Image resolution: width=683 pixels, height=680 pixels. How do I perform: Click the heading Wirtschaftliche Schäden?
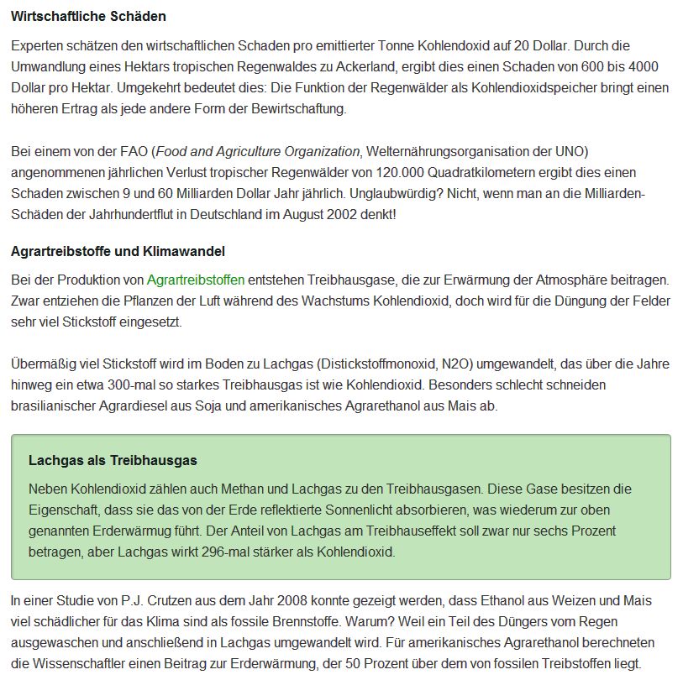[88, 17]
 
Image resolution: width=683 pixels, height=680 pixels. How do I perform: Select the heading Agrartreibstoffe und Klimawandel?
[118, 251]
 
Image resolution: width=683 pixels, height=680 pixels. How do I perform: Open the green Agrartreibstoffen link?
[196, 280]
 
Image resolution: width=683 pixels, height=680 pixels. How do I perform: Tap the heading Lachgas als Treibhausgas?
[113, 460]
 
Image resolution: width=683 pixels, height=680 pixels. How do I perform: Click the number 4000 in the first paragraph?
[643, 67]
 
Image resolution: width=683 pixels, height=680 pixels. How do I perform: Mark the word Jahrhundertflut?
[130, 215]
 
